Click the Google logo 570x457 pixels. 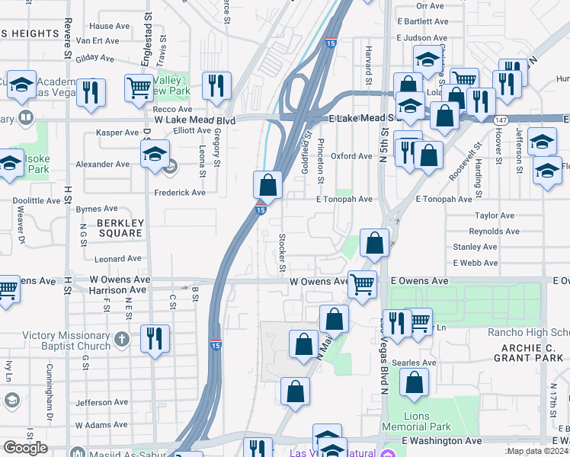(26, 448)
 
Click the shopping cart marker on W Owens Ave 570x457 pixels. (362, 284)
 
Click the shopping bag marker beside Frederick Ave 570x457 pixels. (268, 184)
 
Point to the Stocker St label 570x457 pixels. (282, 253)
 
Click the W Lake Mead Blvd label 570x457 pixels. (194, 120)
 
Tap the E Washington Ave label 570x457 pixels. (442, 440)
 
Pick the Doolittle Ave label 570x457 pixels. (37, 201)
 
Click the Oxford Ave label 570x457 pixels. (351, 156)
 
